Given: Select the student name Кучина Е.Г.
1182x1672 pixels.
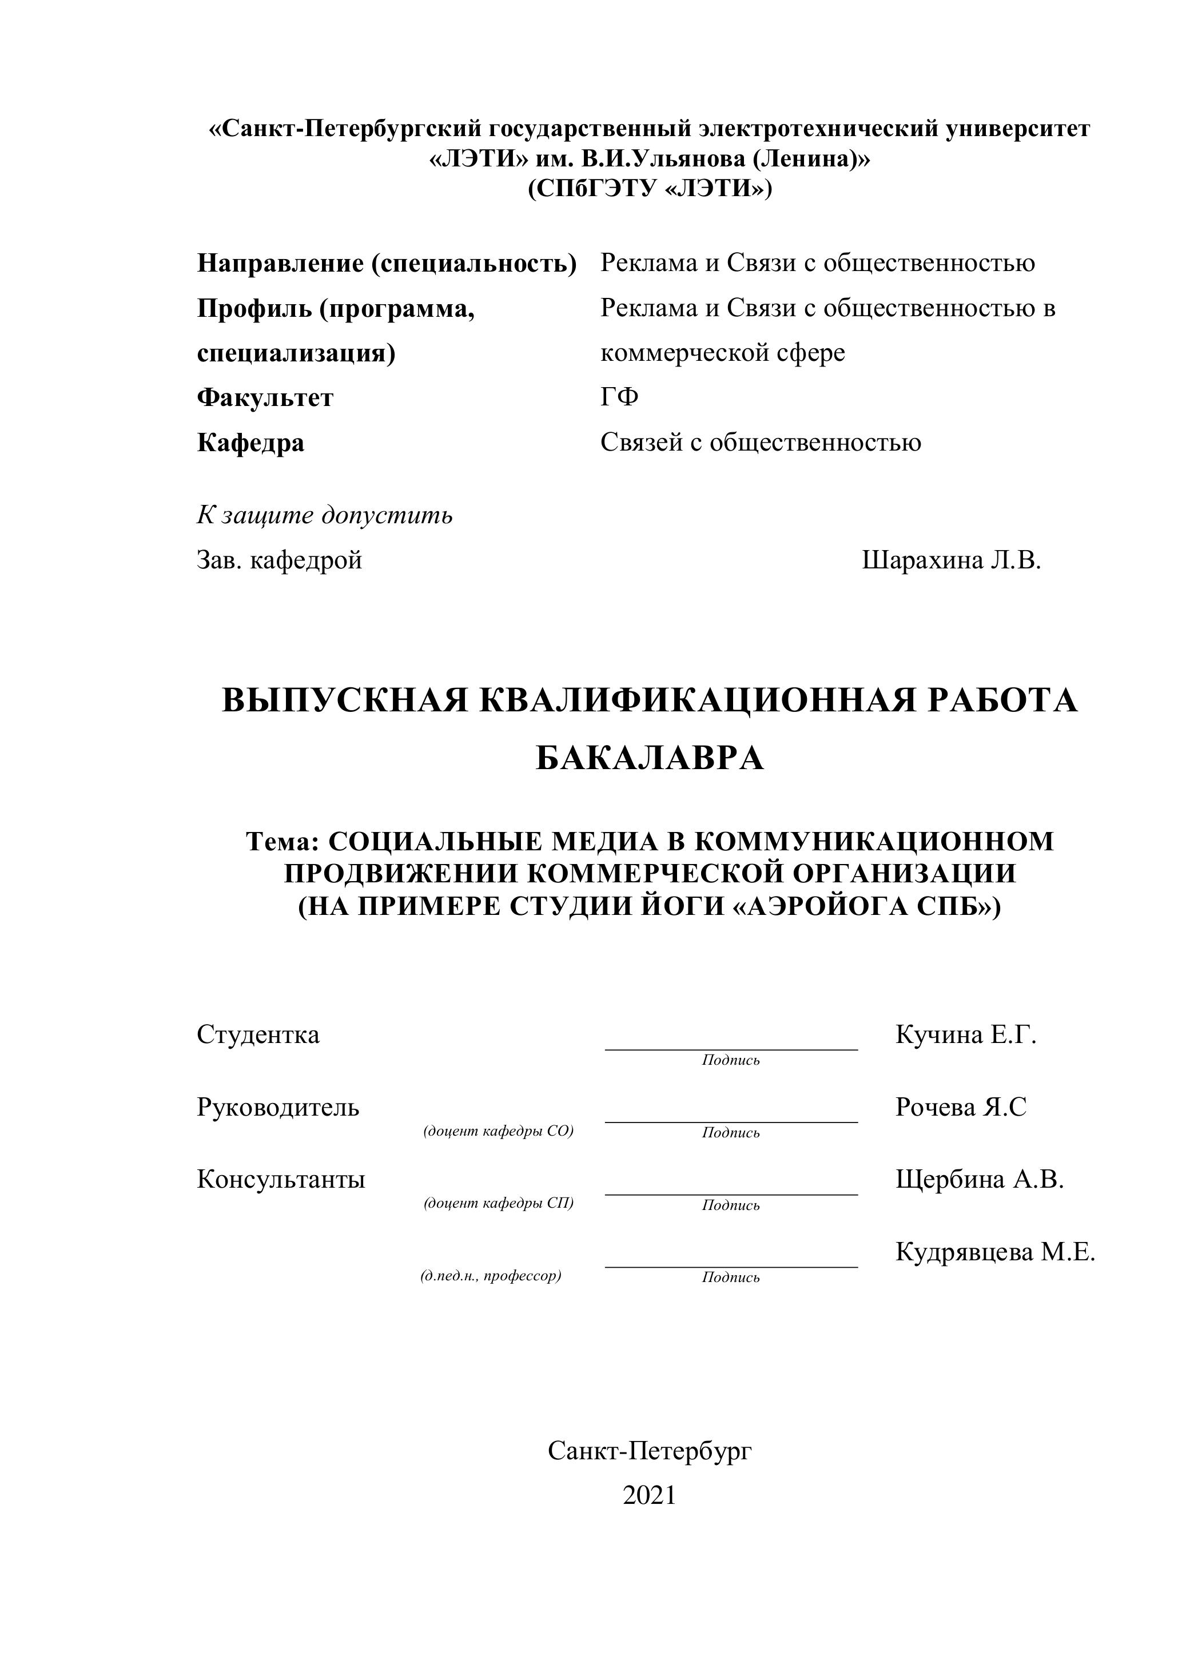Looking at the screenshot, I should coord(966,1034).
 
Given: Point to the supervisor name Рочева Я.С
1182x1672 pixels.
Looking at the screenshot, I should coord(961,1107).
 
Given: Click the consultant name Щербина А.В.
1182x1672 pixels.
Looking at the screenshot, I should coord(980,1179).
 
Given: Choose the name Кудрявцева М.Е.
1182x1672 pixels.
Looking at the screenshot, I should coord(995,1252).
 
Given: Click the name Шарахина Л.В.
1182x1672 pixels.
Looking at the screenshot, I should coord(951,560).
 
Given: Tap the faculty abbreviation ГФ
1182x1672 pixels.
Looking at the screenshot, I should coord(619,397).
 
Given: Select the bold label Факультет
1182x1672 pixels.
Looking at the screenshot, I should coord(265,397).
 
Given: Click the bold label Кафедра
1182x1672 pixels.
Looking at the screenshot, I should coord(250,443).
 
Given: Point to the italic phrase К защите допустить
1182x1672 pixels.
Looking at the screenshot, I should coord(325,516).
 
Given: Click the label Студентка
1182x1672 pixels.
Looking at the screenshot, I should coord(258,1034).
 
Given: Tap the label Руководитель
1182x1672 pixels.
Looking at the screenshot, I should coord(278,1107).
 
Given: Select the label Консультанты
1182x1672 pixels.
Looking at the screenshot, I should coord(281,1179).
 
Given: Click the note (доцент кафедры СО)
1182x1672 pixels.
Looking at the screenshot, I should coord(499,1131).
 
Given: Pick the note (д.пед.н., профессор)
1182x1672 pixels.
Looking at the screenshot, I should coord(491,1276).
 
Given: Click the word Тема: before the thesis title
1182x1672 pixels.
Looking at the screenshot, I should coord(282,842).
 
